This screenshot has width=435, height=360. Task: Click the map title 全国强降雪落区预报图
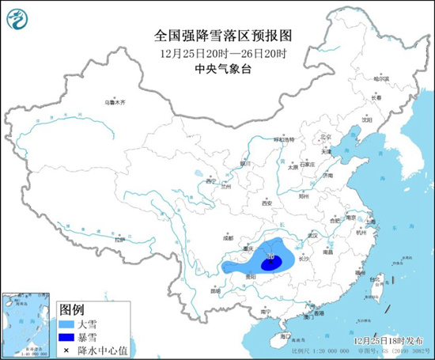(219, 35)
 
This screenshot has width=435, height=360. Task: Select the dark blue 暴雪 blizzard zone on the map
(270, 261)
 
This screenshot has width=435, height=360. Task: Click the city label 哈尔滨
(382, 78)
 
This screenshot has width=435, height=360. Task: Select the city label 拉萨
(119, 239)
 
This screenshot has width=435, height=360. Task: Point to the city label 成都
(229, 237)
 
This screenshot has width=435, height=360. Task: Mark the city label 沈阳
(365, 120)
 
